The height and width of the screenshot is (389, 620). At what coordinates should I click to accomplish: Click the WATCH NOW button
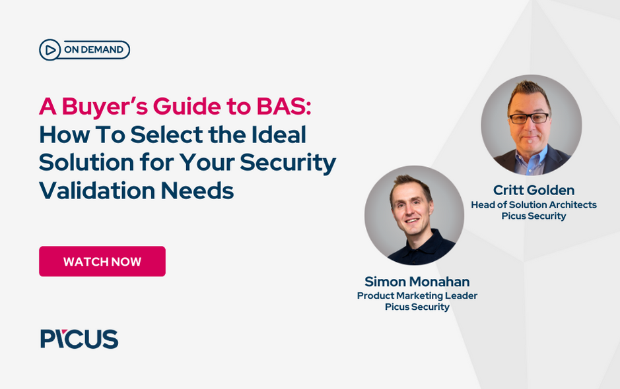pos(102,262)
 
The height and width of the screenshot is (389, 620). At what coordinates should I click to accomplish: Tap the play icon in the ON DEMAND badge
pos(49,49)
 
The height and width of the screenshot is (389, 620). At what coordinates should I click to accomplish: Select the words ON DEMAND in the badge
pos(93,49)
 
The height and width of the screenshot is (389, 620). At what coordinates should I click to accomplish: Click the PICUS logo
pos(79,339)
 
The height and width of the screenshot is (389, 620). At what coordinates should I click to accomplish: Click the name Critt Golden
pos(534,191)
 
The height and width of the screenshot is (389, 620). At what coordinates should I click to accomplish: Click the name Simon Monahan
pos(417,282)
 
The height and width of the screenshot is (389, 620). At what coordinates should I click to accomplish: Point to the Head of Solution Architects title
pos(534,205)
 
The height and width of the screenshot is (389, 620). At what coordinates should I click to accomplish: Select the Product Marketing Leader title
pos(417,295)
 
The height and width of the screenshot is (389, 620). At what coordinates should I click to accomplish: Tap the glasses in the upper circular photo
pos(530,118)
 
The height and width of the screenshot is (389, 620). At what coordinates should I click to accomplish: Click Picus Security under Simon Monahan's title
pos(417,307)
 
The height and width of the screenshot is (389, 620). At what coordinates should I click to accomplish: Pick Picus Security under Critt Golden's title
pos(534,216)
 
